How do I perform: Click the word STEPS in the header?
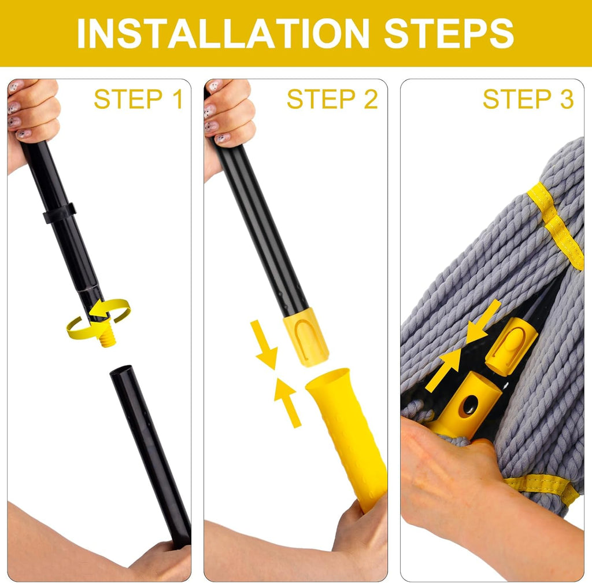(x=449, y=33)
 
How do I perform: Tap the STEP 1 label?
(x=138, y=99)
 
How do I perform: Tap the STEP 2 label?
(x=332, y=99)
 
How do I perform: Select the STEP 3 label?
(x=528, y=99)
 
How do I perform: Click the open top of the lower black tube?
(x=121, y=372)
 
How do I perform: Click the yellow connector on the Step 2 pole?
(x=306, y=337)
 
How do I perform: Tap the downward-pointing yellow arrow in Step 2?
(x=264, y=345)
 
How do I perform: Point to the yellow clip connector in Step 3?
(x=510, y=346)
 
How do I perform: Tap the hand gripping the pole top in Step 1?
(x=32, y=116)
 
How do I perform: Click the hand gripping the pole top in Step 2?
(x=228, y=116)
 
